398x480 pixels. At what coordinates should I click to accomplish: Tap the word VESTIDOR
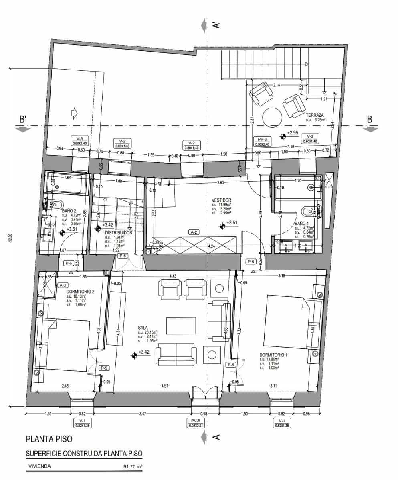click(222, 200)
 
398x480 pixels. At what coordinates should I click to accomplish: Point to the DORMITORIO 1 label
click(273, 355)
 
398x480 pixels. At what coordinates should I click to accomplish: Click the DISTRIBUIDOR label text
click(119, 232)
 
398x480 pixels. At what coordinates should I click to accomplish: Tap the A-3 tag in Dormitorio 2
click(63, 285)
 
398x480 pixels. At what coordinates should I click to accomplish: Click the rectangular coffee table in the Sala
click(182, 325)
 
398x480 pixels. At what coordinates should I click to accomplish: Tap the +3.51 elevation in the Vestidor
click(233, 223)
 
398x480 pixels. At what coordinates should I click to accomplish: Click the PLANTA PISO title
click(49, 439)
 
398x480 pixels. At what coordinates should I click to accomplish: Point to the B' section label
click(23, 119)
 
